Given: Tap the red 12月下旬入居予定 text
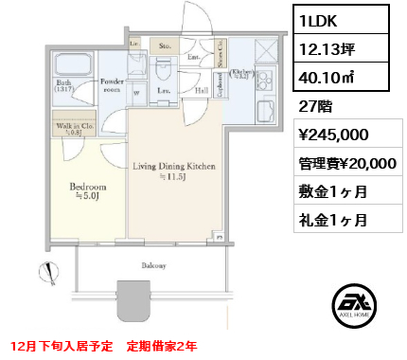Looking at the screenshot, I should point(62,344).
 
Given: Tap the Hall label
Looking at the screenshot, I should point(202,91).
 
